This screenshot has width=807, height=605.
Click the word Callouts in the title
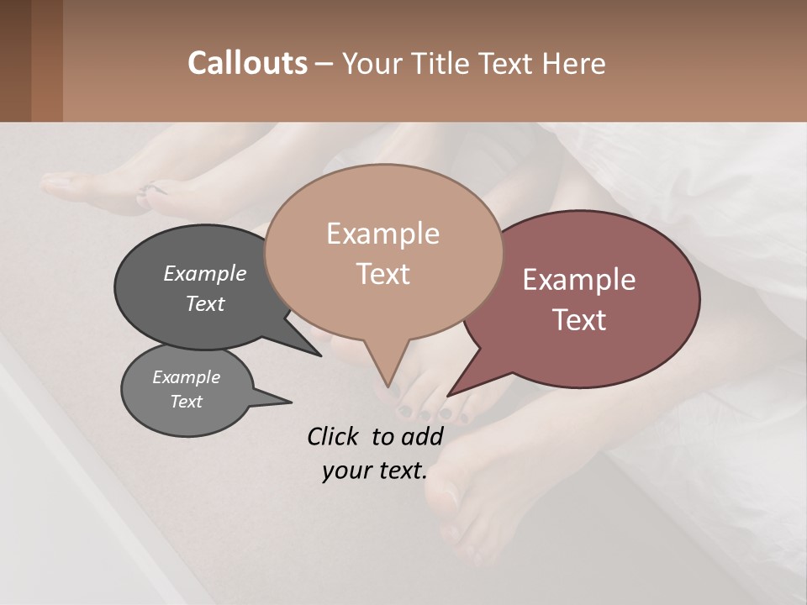click(x=247, y=63)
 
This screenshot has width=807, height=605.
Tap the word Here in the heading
click(x=572, y=63)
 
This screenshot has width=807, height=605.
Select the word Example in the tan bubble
click(x=382, y=234)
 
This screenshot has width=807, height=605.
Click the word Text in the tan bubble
click(x=382, y=274)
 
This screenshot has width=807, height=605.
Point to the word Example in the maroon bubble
click(x=579, y=280)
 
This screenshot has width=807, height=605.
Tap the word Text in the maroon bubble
click(x=579, y=320)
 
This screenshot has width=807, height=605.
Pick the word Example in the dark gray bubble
click(x=205, y=274)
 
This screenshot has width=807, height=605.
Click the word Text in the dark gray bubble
click(x=205, y=303)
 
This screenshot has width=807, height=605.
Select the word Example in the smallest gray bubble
click(x=186, y=377)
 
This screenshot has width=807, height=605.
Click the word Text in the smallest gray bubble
click(x=186, y=402)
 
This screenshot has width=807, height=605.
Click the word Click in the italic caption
click(x=334, y=436)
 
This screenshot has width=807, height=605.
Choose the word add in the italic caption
click(x=423, y=436)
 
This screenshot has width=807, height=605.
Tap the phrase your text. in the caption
click(x=374, y=471)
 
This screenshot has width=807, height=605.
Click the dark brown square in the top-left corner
click(x=15, y=60)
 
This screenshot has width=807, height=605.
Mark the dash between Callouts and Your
click(x=324, y=64)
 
